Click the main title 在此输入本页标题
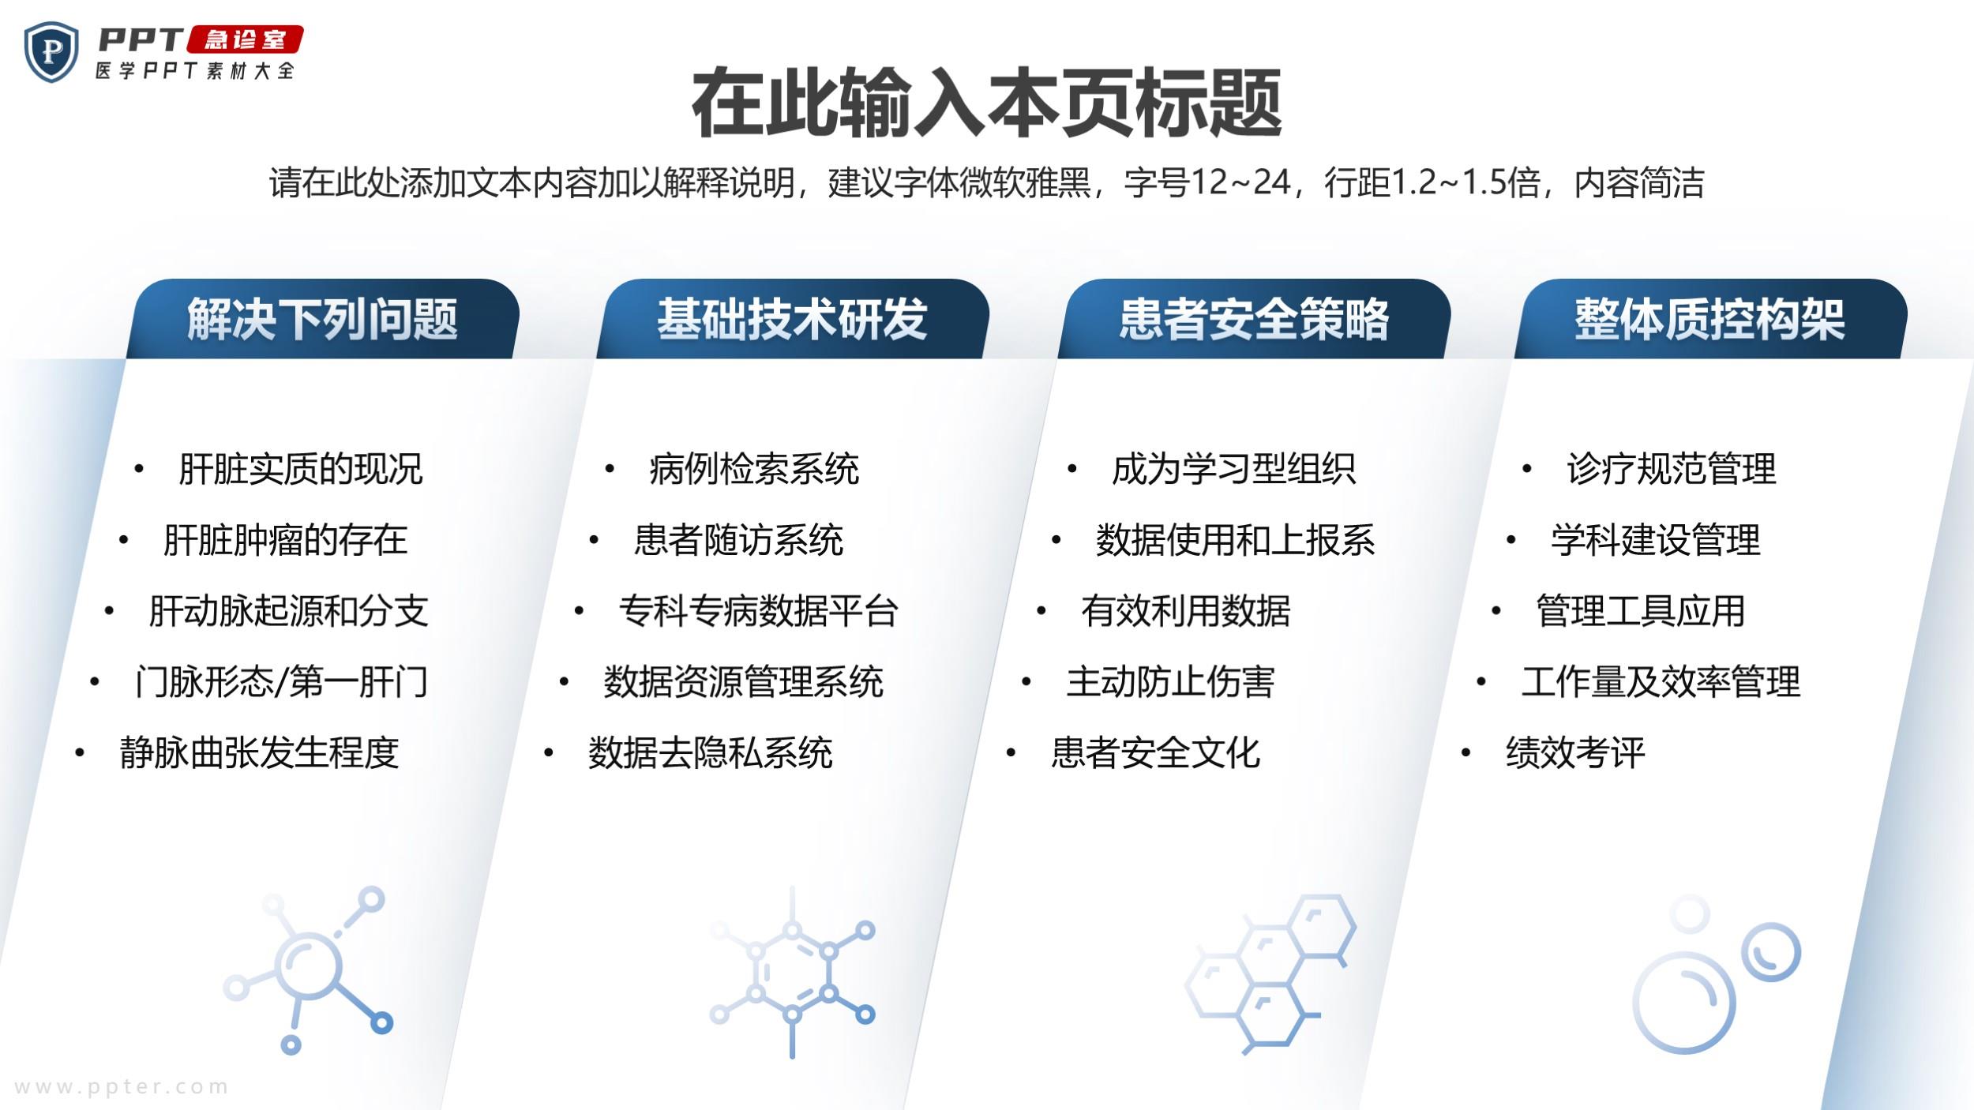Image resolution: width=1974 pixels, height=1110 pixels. [x=987, y=103]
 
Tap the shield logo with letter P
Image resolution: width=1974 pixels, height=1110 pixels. [x=51, y=52]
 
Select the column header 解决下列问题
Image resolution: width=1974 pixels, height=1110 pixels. [x=322, y=319]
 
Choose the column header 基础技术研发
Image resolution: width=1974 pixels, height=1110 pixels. [x=792, y=319]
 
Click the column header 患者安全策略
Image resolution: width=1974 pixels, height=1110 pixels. [x=1254, y=319]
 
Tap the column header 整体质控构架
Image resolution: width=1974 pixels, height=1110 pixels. [x=1709, y=319]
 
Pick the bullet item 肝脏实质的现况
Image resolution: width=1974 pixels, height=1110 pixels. [x=301, y=469]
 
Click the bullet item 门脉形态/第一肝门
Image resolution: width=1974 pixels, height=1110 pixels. [x=282, y=682]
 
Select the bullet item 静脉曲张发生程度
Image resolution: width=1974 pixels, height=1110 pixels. [x=260, y=752]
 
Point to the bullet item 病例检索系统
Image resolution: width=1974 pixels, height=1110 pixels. [x=754, y=469]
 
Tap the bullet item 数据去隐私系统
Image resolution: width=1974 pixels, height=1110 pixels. [x=711, y=752]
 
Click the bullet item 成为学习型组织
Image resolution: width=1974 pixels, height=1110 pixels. [x=1234, y=469]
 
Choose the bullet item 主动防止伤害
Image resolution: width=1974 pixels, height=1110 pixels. [x=1171, y=682]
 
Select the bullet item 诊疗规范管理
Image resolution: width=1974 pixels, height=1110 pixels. [x=1672, y=469]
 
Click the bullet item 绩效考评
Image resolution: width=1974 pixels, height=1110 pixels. [x=1576, y=752]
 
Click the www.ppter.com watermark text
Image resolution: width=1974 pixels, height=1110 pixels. [x=122, y=1087]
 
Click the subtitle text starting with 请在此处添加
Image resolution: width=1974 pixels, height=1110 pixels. [x=987, y=182]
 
